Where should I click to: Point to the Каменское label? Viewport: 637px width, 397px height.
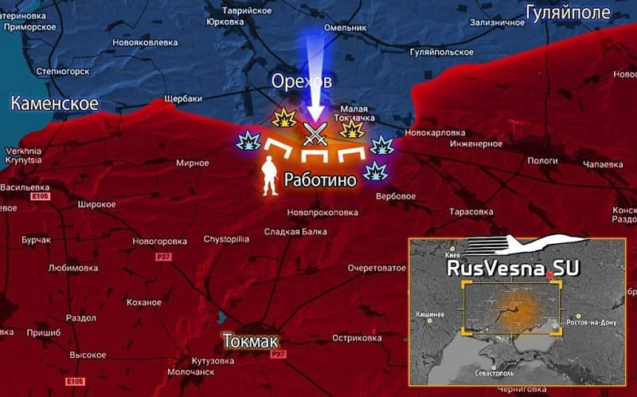coord(54,104)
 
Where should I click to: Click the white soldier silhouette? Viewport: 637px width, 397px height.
coord(270,176)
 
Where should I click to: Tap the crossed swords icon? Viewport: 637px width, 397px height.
coord(315,132)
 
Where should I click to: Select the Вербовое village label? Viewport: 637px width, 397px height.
coord(395,196)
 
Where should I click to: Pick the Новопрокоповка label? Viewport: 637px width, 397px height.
coord(322,212)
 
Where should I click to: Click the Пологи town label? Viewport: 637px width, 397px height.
coord(542,160)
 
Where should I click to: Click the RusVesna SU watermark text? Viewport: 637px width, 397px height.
coord(501,269)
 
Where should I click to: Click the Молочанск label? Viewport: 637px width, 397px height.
coord(191,371)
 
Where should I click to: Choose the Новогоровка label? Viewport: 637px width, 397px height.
coord(159,241)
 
